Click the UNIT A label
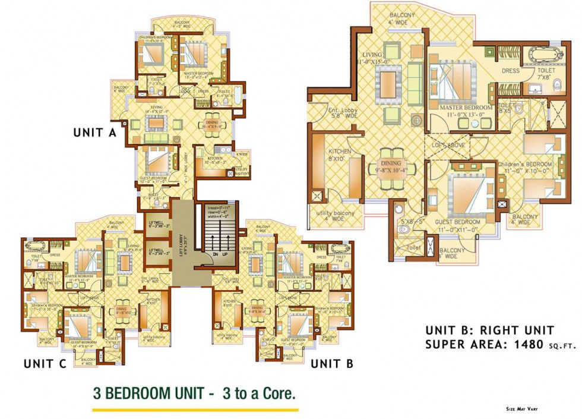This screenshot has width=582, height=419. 94,133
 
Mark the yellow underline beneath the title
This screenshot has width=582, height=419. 195,409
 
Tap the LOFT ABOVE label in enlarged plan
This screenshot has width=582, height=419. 449,144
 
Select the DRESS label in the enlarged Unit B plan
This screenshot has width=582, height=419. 510,71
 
